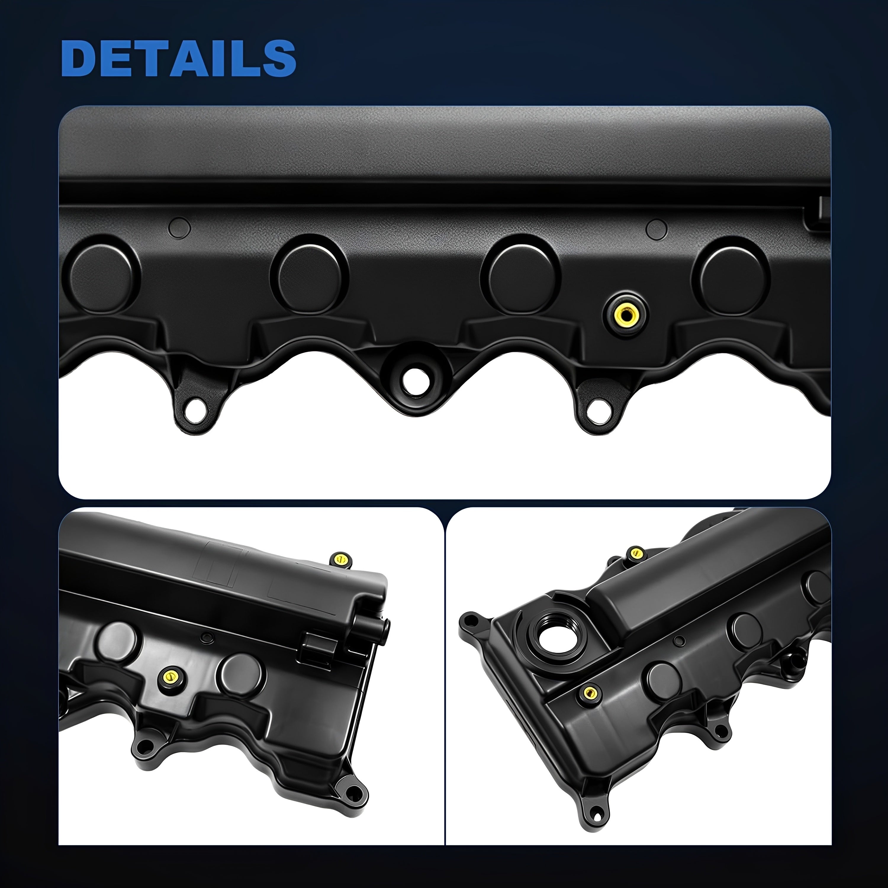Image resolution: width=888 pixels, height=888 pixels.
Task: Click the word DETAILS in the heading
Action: point(178,58)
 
